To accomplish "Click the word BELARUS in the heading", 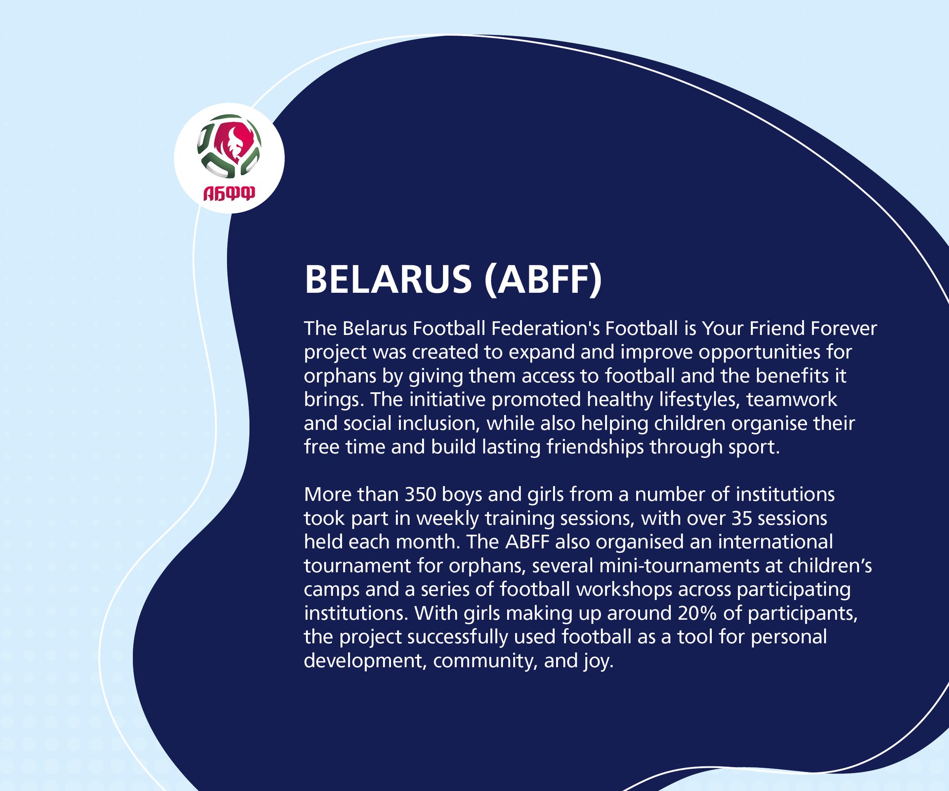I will click(x=388, y=279).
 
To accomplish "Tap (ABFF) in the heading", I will click(x=543, y=279).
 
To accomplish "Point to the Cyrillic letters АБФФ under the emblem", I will click(x=229, y=193).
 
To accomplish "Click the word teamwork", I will click(x=792, y=400).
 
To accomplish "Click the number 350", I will click(x=420, y=495).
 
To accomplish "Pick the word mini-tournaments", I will click(x=679, y=566).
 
